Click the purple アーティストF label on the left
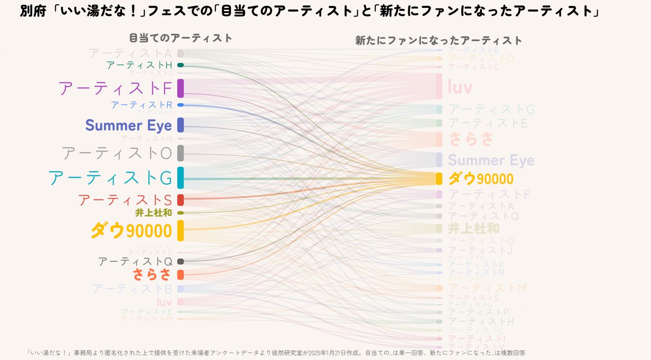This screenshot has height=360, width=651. click(x=115, y=88)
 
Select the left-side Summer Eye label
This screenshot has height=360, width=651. click(x=128, y=125)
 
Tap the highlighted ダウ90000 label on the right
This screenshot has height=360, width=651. click(x=481, y=179)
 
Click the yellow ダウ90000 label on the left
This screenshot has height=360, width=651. click(x=131, y=230)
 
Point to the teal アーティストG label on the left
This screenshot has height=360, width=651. click(x=110, y=178)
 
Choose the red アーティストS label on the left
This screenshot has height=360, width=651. click(x=125, y=200)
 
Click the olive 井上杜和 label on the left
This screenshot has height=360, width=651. click(x=153, y=213)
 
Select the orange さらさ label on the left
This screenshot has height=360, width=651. click(x=152, y=274)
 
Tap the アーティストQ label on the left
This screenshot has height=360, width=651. click(x=135, y=261)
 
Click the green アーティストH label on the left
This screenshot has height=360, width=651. click(x=139, y=65)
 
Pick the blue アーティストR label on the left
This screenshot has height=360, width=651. click(x=141, y=105)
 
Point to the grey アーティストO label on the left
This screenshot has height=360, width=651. click(x=117, y=153)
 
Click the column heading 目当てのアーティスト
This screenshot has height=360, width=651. click(x=180, y=38)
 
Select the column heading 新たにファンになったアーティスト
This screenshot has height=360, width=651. click(x=438, y=41)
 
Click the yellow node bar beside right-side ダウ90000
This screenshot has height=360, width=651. click(x=438, y=179)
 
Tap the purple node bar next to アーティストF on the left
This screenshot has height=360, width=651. click(x=180, y=88)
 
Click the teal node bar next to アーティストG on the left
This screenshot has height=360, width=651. click(x=180, y=178)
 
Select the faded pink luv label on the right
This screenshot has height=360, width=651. click(x=460, y=87)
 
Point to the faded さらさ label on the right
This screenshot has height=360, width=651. click(x=470, y=139)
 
